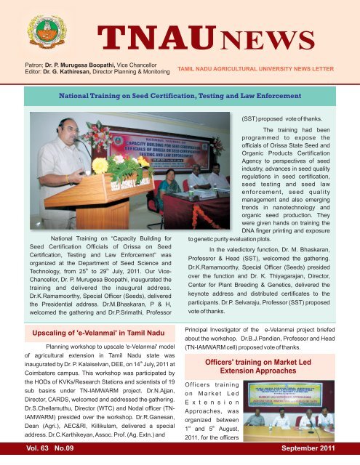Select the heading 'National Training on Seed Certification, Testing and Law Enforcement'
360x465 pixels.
point(181,95)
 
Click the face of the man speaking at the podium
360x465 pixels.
point(62,129)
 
